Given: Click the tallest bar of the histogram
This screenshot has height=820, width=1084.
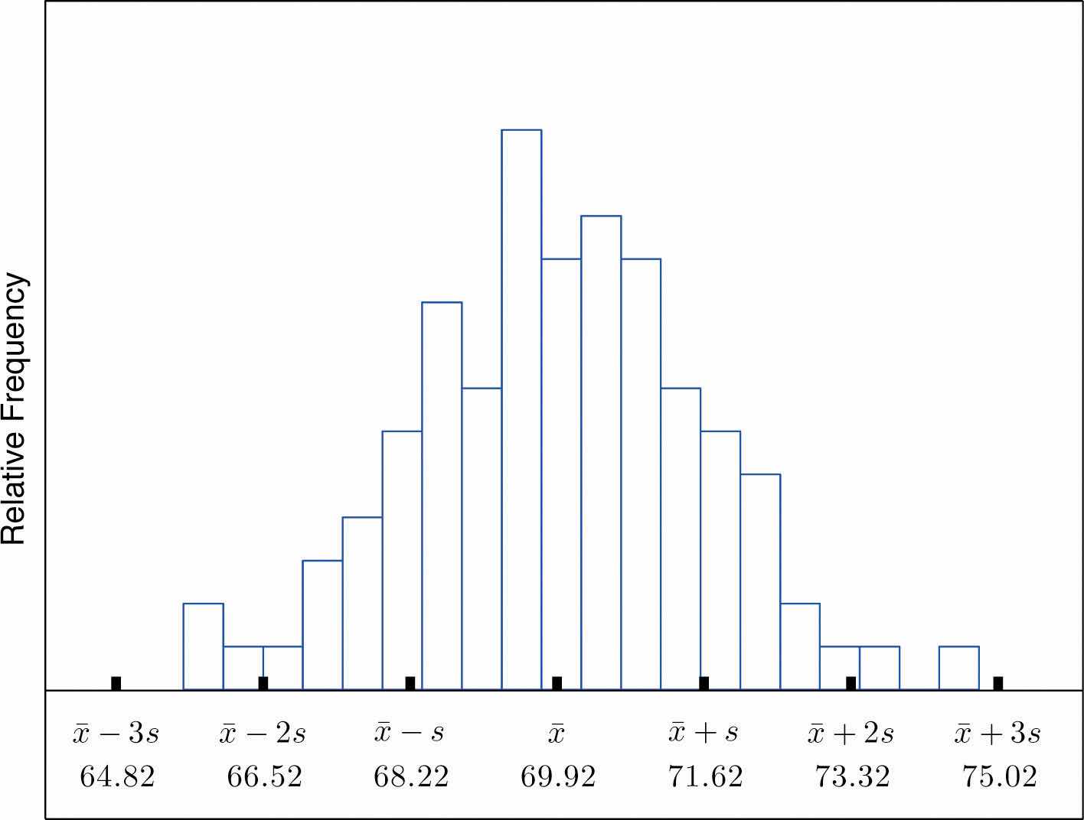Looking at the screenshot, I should [521, 409].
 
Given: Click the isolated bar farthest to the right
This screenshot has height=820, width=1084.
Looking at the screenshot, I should [958, 668].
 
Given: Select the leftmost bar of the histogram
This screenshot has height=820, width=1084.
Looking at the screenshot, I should [203, 646].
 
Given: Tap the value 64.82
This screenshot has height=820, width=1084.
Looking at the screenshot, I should [117, 777].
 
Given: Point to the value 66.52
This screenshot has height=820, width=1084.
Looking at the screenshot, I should [264, 777].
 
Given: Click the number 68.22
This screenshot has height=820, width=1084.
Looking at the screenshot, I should [411, 777].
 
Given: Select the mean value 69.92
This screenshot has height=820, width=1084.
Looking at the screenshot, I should [558, 777].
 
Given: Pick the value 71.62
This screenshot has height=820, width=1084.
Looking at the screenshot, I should [705, 777].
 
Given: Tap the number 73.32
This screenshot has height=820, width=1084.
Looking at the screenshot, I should [852, 777].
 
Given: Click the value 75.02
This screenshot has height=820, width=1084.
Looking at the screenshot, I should [999, 777].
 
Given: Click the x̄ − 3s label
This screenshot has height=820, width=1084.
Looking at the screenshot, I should [116, 734].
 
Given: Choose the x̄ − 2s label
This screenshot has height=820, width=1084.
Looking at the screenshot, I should [263, 734].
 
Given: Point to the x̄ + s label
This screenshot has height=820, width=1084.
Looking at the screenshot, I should [704, 732].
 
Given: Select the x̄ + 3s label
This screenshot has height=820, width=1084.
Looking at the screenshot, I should [997, 734].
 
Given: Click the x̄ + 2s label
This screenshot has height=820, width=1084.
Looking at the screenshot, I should [851, 734].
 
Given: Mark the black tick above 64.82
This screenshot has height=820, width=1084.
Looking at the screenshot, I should [116, 683].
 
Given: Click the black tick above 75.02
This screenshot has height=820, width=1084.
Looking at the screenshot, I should [998, 683].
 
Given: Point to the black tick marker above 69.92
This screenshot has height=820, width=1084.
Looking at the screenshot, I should [557, 683].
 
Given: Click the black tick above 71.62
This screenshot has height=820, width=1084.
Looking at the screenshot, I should [704, 683].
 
